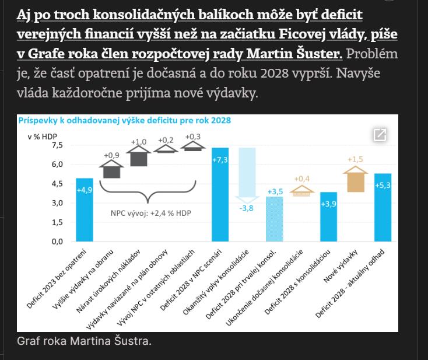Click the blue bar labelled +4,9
click(x=85, y=209)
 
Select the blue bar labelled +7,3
click(x=220, y=194)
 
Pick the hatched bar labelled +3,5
click(x=274, y=219)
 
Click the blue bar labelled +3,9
click(x=328, y=216)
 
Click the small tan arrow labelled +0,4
click(x=301, y=190)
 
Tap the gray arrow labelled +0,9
click(x=111, y=170)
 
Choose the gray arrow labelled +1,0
click(x=138, y=156)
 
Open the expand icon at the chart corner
click(x=380, y=135)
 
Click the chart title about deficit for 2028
click(x=125, y=120)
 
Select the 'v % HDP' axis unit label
click(x=43, y=136)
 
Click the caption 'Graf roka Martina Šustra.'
click(x=84, y=340)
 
